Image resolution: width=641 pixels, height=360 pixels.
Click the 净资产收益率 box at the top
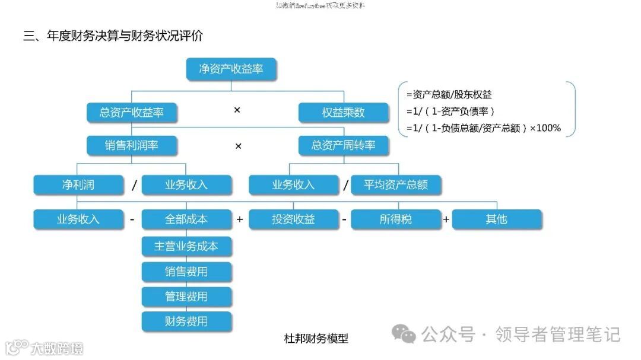(231, 69)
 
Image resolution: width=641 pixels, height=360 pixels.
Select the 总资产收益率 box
(132, 112)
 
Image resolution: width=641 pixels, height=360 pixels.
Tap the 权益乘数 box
(344, 112)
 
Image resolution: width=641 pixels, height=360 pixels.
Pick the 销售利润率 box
(132, 145)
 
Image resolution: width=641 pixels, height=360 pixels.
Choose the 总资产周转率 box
(344, 145)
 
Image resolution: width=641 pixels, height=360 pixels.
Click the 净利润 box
(78, 184)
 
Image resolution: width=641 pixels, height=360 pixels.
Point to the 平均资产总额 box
(396, 184)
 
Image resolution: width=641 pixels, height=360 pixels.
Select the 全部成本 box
(186, 219)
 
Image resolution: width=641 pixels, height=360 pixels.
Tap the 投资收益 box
(293, 219)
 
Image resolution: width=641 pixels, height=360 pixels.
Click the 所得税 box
(396, 219)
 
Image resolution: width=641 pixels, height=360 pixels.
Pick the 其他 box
(497, 219)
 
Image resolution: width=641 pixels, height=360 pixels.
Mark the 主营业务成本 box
(186, 246)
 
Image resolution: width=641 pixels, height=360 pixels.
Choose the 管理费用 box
(186, 297)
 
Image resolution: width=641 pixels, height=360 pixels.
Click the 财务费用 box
(186, 321)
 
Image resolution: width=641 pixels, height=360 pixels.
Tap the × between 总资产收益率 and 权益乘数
(237, 110)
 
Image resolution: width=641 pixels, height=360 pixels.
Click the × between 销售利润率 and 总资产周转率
(238, 146)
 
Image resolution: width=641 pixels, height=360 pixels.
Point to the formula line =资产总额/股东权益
(449, 95)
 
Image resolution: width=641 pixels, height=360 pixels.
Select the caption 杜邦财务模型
(316, 339)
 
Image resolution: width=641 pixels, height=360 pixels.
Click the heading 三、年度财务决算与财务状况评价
(113, 36)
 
